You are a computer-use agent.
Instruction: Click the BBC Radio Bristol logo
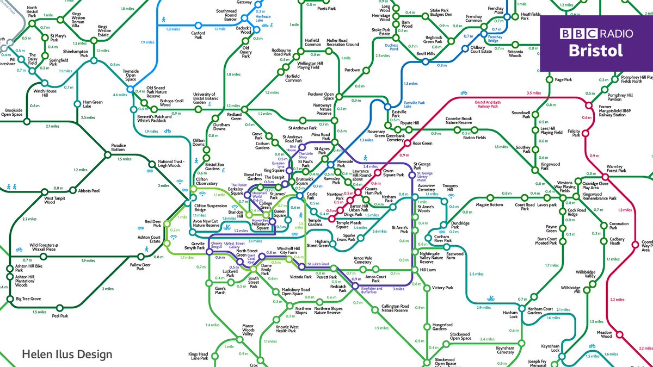coord(596,43)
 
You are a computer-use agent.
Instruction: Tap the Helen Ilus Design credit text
coord(67,354)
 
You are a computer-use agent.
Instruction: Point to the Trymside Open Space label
coord(131,75)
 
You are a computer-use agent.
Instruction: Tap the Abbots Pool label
coord(89,191)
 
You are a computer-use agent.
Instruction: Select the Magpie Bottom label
coord(489,205)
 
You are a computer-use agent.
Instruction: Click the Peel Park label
coord(59,316)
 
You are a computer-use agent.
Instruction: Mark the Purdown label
coord(352,70)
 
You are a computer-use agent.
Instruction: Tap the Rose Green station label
coord(422,144)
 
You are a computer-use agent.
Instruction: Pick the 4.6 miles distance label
coord(119,95)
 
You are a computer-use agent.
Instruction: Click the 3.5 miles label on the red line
coord(535,93)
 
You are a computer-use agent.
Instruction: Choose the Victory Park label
coord(442,288)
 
